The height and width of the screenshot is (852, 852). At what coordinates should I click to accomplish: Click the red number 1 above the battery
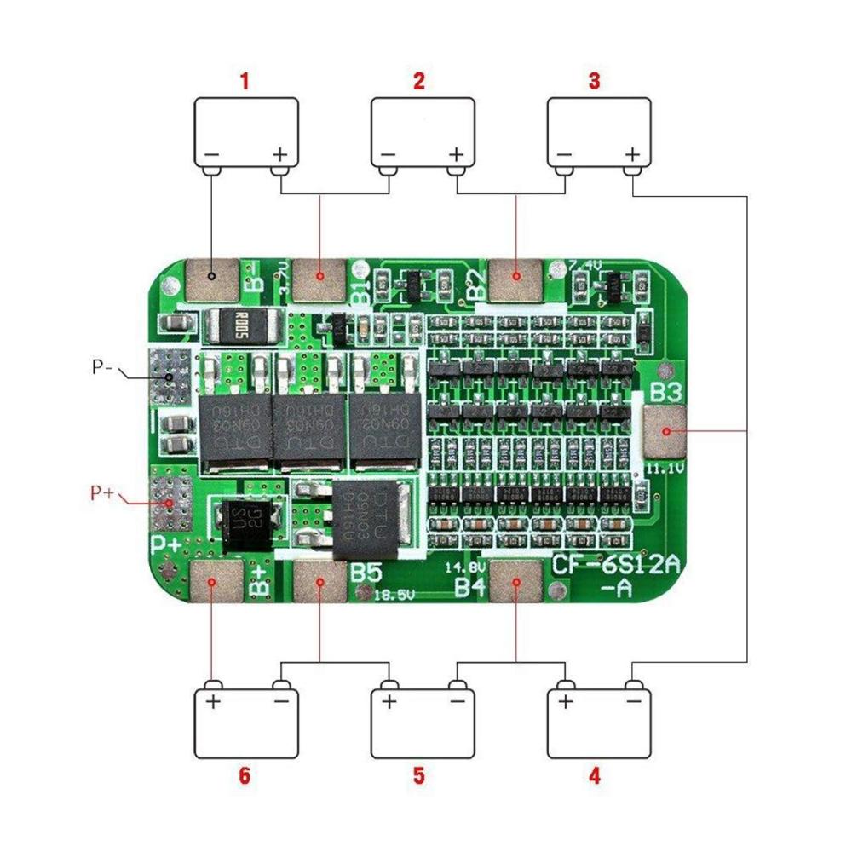tap(245, 83)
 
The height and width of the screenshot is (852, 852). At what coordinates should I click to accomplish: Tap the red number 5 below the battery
tap(418, 776)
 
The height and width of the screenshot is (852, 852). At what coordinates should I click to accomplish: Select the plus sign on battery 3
tap(632, 154)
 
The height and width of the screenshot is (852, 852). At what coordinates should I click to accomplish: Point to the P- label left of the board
tap(103, 368)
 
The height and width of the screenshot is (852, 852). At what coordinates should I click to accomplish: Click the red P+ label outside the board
tap(102, 492)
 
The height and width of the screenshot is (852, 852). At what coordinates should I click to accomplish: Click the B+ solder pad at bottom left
tap(212, 584)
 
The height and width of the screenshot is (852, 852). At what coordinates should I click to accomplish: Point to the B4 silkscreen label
tap(469, 586)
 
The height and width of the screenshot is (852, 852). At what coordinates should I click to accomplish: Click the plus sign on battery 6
tap(212, 702)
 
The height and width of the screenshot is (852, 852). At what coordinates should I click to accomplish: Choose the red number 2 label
tap(418, 83)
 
